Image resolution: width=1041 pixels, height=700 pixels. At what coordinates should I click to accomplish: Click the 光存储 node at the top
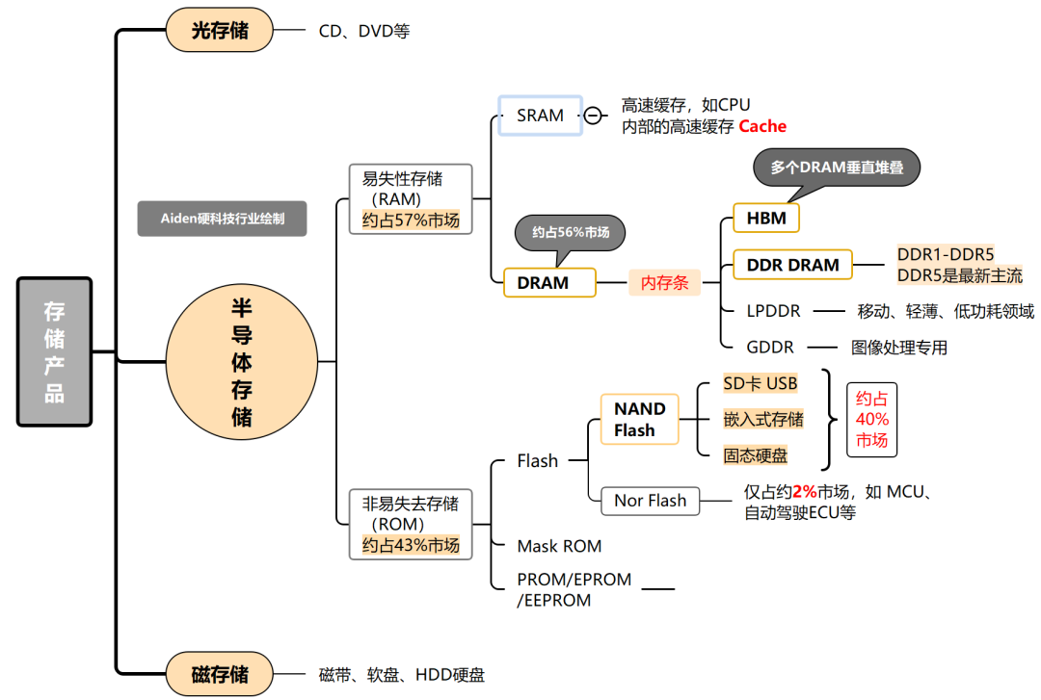pos(220,31)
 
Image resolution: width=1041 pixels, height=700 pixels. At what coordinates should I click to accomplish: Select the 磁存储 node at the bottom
pos(220,674)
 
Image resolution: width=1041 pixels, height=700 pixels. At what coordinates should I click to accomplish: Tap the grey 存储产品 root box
pos(54,351)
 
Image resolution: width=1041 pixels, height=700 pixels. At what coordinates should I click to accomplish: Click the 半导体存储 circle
pos(241,362)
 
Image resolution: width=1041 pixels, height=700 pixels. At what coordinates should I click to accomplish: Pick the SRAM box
pos(540,116)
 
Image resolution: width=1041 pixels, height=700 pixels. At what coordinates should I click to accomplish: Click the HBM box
pos(766,219)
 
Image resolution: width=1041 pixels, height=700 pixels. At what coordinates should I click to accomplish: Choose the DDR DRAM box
pos(793,265)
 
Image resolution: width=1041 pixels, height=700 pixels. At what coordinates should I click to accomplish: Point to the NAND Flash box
pos(639,420)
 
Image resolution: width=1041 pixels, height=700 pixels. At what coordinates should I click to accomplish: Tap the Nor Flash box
pos(651,501)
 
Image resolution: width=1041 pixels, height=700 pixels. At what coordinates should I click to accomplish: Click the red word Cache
pos(762,126)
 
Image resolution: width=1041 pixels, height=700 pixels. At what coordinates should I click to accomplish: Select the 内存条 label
pos(665,283)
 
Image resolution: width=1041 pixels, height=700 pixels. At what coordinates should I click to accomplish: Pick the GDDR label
pos(770,347)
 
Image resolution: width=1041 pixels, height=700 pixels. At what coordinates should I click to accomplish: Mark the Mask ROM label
pos(559,546)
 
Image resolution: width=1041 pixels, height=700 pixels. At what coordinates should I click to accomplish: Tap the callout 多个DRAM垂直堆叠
pos(836,167)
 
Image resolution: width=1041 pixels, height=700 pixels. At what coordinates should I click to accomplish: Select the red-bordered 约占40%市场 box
pos(872,420)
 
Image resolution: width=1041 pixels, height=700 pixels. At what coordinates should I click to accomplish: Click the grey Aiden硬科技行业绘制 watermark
pos(222,219)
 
